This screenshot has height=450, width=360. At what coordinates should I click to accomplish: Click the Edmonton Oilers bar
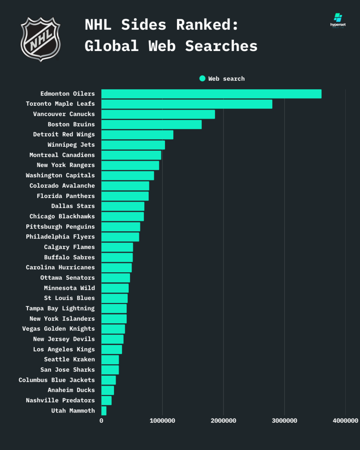tap(211, 94)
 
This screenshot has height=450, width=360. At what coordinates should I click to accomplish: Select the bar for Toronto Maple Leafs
tap(187, 104)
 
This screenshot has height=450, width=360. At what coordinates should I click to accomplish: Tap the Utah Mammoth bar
tap(104, 411)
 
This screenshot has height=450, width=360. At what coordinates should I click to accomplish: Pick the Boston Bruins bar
tap(151, 124)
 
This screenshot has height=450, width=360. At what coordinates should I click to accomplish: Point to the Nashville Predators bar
tap(106, 400)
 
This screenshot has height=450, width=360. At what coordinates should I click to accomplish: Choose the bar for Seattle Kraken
tap(110, 360)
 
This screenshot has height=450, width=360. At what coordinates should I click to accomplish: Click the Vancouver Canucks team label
tap(64, 114)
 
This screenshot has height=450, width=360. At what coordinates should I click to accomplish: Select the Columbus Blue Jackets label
tap(57, 380)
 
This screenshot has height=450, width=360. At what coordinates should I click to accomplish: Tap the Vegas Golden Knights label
tap(58, 329)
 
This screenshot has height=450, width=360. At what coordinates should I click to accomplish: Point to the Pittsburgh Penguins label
tap(60, 226)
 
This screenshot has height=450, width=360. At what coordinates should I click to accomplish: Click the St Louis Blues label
tap(69, 298)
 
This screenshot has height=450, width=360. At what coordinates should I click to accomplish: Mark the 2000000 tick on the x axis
tap(223, 421)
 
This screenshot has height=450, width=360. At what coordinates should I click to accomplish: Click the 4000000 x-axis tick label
tap(345, 421)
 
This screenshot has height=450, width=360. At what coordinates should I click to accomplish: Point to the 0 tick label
tap(101, 421)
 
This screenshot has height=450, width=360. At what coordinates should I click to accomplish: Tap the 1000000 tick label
tap(162, 421)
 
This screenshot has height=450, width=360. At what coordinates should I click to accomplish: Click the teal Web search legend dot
tap(202, 78)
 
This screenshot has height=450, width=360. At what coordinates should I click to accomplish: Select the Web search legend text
tap(226, 79)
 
